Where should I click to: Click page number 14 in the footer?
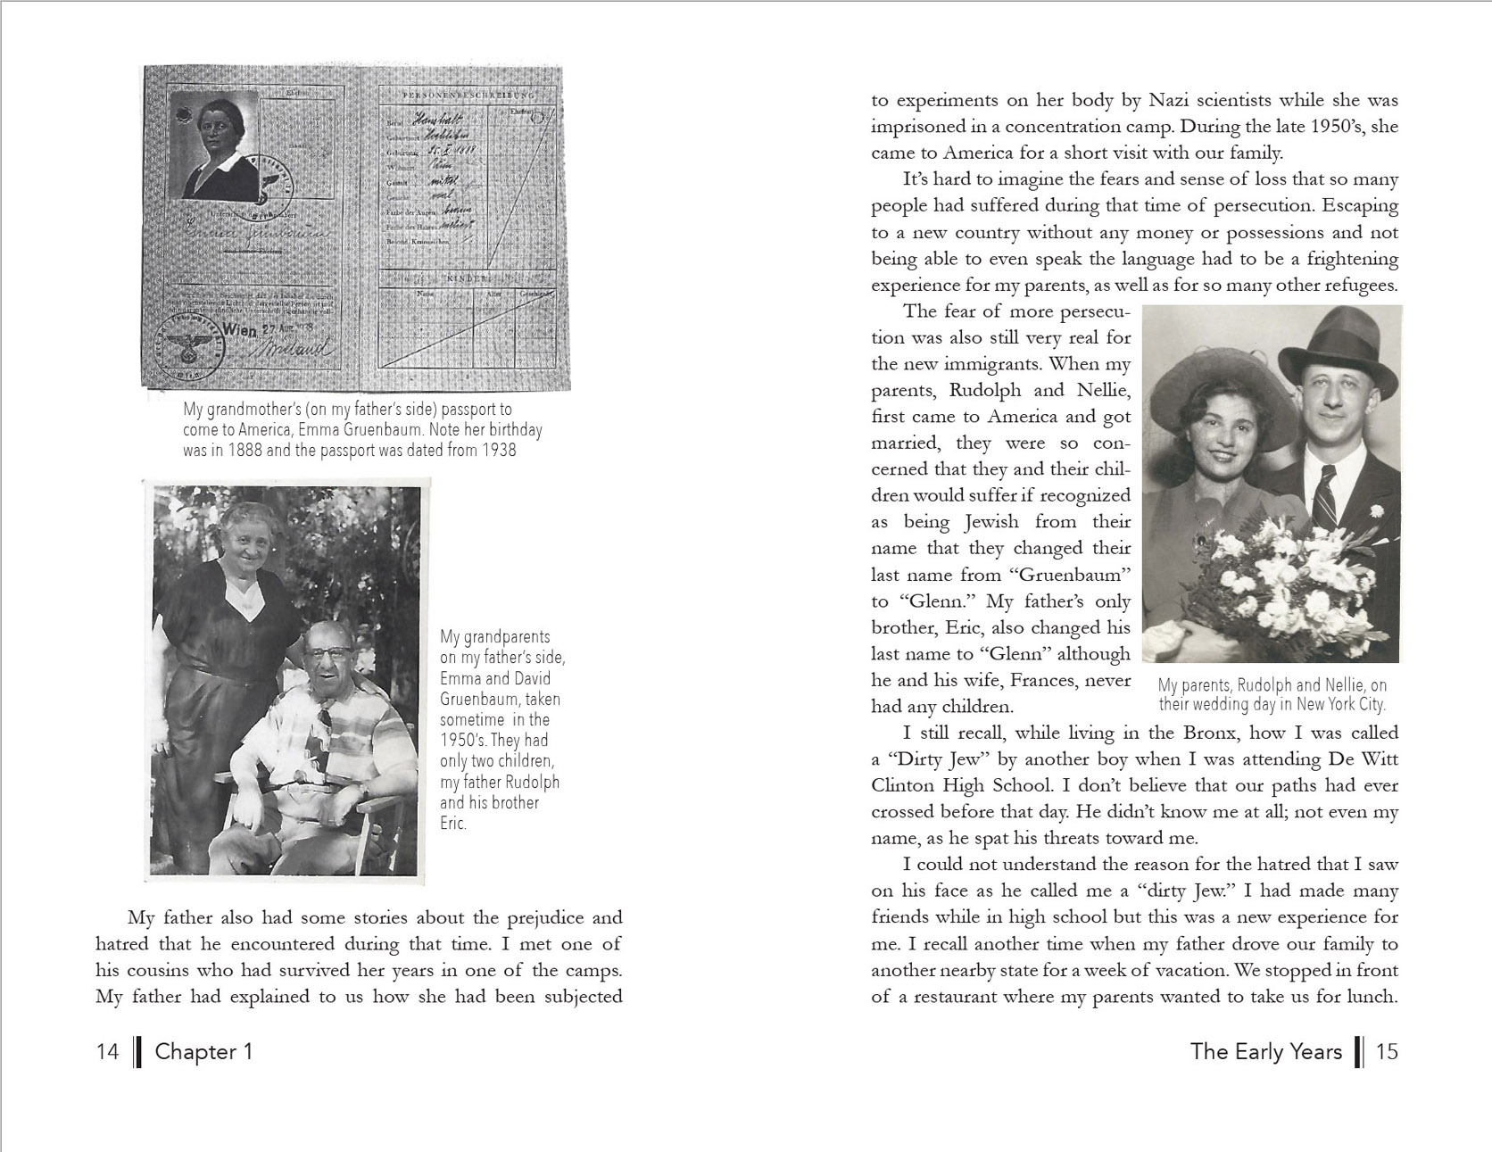coord(107,1051)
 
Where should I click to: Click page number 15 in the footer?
coord(1387,1051)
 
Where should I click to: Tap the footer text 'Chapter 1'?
coord(203,1051)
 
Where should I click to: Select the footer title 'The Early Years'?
coord(1265,1051)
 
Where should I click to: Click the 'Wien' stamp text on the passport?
coord(240,329)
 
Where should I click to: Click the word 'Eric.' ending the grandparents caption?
coord(453,823)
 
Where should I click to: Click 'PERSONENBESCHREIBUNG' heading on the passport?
coord(468,95)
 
